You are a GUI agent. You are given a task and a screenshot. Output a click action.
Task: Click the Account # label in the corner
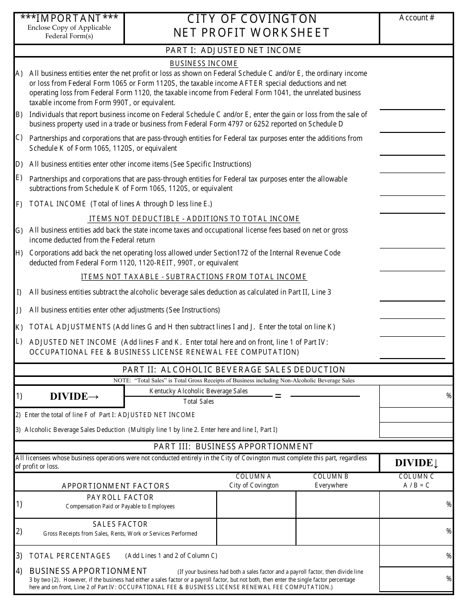pos(416,18)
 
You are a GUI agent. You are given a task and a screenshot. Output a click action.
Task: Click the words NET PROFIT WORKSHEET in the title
pos(251,33)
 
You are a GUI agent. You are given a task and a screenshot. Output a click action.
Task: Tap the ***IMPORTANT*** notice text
pos(69,18)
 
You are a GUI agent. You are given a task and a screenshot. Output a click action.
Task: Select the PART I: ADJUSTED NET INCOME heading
pos(234,50)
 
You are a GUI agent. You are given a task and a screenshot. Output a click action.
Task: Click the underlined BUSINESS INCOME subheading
pos(204,63)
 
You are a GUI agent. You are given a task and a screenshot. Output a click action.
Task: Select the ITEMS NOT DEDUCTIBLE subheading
pos(194,219)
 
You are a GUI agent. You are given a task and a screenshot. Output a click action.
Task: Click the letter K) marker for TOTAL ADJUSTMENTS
pos(19,327)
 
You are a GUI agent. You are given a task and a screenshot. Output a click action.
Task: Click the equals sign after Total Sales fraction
pos(278,396)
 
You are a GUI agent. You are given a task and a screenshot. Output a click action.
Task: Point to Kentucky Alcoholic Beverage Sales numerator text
pos(198,391)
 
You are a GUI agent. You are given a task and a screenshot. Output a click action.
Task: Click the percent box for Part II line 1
pos(416,396)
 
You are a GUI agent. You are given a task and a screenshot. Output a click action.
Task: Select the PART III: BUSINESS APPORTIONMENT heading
pos(234,446)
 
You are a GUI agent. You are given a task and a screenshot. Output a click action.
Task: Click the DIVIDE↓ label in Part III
pos(416,463)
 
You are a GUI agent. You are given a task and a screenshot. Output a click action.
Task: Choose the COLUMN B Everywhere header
pos(331,481)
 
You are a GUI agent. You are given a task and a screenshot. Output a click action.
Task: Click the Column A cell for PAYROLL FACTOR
pos(256,504)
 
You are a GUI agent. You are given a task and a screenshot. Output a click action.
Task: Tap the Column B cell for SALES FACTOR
pos(338,531)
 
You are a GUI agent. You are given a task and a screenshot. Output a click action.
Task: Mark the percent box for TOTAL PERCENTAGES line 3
pos(416,556)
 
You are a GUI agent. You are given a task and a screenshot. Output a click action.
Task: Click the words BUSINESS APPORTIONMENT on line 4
pos(88,571)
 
